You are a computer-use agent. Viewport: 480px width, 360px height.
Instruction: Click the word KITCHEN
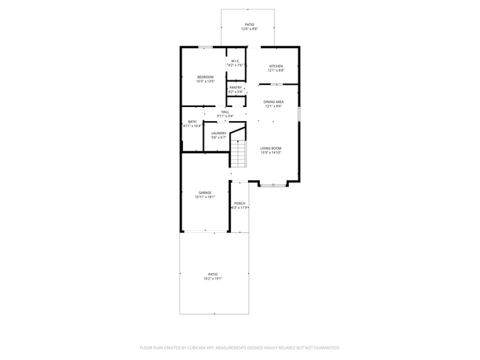(275, 66)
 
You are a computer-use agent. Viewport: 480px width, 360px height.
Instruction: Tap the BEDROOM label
(205, 77)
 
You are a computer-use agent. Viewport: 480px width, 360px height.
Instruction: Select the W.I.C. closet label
(235, 61)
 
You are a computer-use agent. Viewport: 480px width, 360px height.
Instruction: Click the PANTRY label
(235, 88)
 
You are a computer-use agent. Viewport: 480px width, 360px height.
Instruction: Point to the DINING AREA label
(274, 102)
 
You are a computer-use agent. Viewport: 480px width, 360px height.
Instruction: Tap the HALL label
(224, 111)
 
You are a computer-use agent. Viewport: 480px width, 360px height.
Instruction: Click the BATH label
(192, 122)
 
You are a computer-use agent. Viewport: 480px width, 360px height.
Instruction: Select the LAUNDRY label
(219, 133)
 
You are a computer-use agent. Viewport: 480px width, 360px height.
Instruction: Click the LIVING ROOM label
(270, 148)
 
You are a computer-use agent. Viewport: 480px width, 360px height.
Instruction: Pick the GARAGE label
(204, 193)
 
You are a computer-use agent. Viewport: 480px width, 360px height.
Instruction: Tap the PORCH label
(239, 204)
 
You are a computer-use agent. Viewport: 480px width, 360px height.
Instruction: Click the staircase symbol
(239, 153)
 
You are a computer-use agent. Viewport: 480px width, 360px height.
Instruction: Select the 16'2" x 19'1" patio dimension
(213, 279)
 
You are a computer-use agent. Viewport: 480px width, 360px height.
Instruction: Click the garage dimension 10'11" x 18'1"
(204, 197)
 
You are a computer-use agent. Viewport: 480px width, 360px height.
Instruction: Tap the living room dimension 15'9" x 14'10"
(270, 153)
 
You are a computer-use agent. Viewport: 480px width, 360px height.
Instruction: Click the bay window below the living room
(273, 185)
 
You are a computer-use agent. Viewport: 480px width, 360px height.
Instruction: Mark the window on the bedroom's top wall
(206, 48)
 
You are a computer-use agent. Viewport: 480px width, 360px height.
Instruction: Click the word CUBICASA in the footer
(210, 347)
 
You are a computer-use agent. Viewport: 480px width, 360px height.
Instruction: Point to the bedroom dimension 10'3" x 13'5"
(205, 82)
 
